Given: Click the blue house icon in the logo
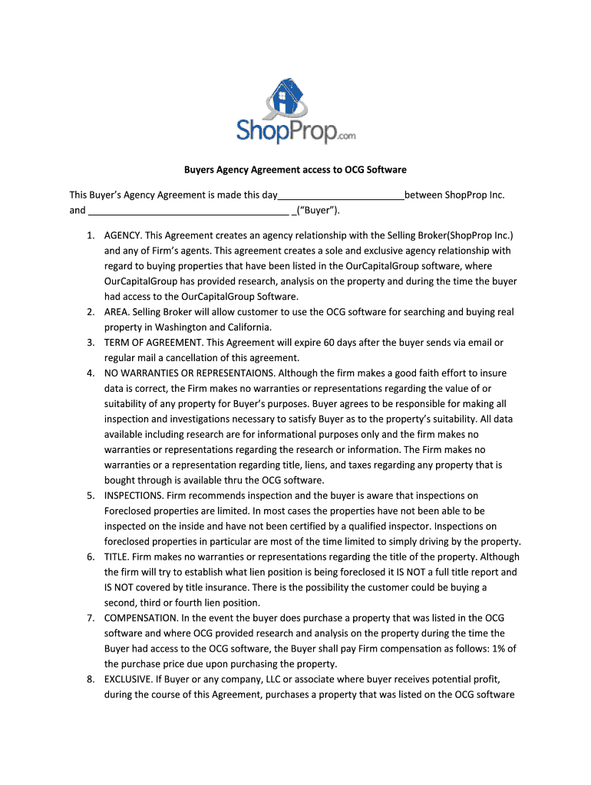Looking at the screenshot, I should coord(287,98).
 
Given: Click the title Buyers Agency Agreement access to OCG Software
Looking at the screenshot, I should coord(294,169).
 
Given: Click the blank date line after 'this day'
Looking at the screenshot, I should coord(340,195).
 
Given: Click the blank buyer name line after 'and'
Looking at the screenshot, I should coord(188,210).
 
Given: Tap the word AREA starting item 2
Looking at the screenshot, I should coord(117,312).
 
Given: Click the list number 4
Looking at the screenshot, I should coord(90,373).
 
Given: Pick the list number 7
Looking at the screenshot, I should coord(90,618).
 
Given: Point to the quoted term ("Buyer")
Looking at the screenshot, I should coord(317,210).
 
